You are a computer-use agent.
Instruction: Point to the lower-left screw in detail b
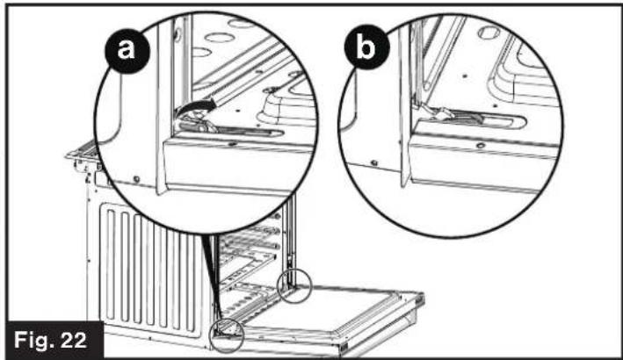coord(374,163)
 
